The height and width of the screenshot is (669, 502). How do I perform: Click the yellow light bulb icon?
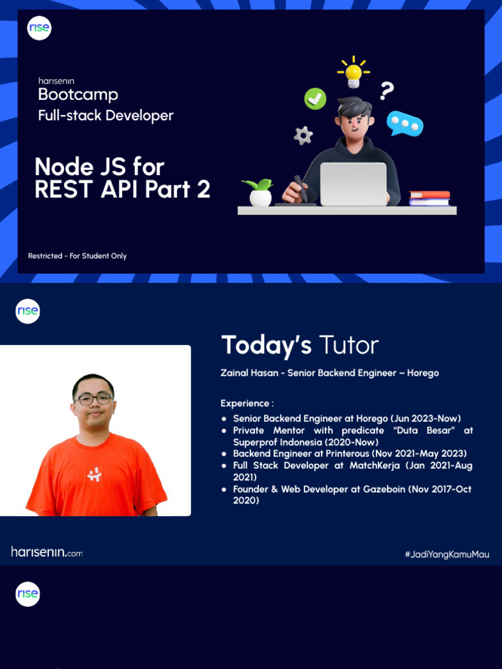click(354, 73)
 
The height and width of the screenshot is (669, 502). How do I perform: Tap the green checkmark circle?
click(315, 99)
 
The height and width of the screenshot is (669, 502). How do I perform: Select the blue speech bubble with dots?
click(405, 123)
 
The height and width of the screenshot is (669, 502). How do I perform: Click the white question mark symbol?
click(387, 91)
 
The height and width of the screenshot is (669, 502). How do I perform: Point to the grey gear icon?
click(303, 135)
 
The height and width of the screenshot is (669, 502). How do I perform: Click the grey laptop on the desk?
click(353, 184)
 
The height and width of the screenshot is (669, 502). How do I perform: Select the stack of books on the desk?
click(429, 198)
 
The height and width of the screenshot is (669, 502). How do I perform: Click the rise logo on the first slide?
click(39, 28)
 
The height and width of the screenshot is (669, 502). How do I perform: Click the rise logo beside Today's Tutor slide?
click(28, 311)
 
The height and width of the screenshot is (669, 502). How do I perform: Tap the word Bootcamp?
click(78, 95)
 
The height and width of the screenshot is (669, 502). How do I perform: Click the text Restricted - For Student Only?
click(77, 256)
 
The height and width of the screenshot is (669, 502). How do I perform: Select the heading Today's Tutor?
click(300, 345)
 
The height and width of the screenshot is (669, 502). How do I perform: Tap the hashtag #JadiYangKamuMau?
click(446, 555)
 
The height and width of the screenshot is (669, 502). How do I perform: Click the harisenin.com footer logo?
click(47, 552)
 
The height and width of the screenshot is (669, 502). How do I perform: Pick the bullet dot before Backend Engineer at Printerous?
click(224, 453)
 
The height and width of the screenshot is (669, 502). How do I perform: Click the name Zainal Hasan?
click(250, 373)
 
